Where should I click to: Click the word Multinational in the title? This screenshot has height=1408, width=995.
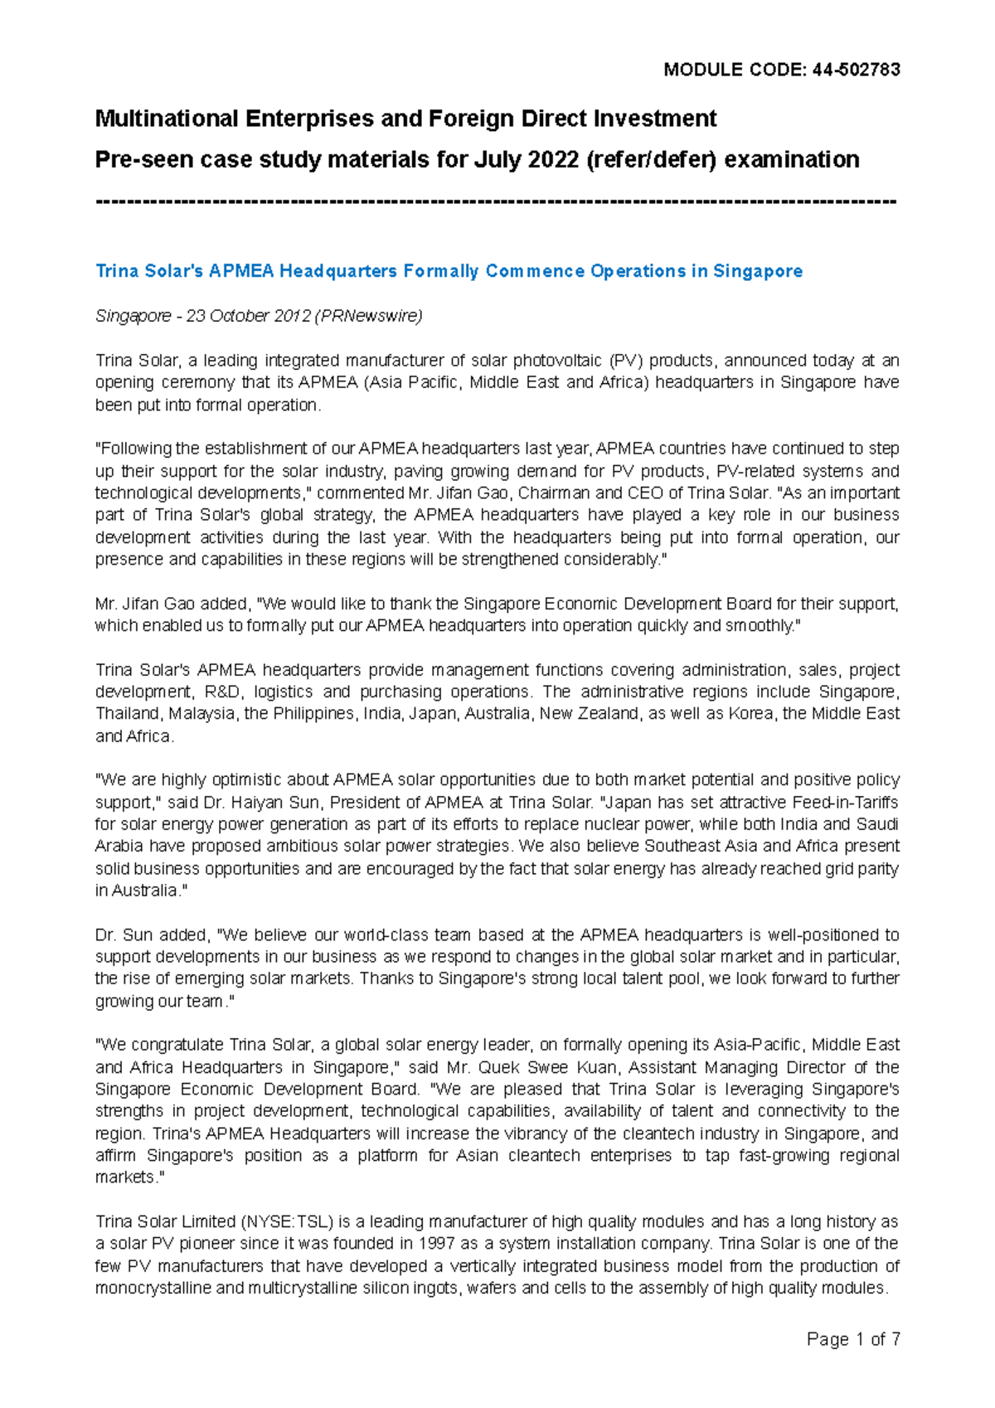coord(167,119)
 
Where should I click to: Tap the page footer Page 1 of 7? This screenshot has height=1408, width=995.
coord(853,1339)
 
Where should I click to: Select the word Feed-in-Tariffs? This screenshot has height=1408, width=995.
coord(845,803)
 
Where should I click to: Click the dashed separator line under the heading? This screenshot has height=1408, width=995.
coord(496,201)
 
